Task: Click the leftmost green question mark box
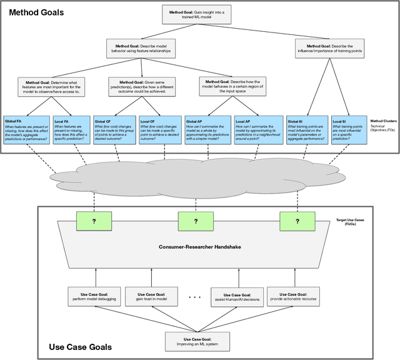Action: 94,221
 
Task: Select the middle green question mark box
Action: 195,221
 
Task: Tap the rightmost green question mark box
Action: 297,221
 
